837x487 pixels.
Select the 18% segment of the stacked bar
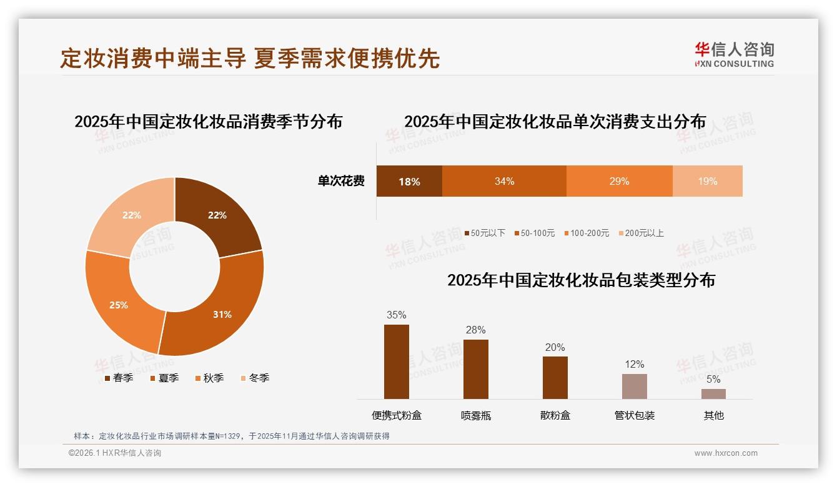(x=409, y=181)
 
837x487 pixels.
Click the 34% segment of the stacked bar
(x=504, y=181)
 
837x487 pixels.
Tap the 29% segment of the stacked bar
(x=619, y=181)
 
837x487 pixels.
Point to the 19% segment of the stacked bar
(x=707, y=181)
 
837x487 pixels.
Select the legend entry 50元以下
(x=484, y=233)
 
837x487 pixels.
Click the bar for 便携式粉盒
(x=397, y=362)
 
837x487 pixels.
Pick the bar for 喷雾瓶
(x=476, y=370)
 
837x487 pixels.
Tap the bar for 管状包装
(x=635, y=386)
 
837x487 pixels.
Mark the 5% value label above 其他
(x=713, y=379)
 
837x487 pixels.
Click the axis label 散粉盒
(x=555, y=415)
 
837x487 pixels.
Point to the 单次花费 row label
(x=341, y=182)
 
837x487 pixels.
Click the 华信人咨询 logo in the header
(x=734, y=54)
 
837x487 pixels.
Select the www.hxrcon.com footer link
(x=726, y=453)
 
